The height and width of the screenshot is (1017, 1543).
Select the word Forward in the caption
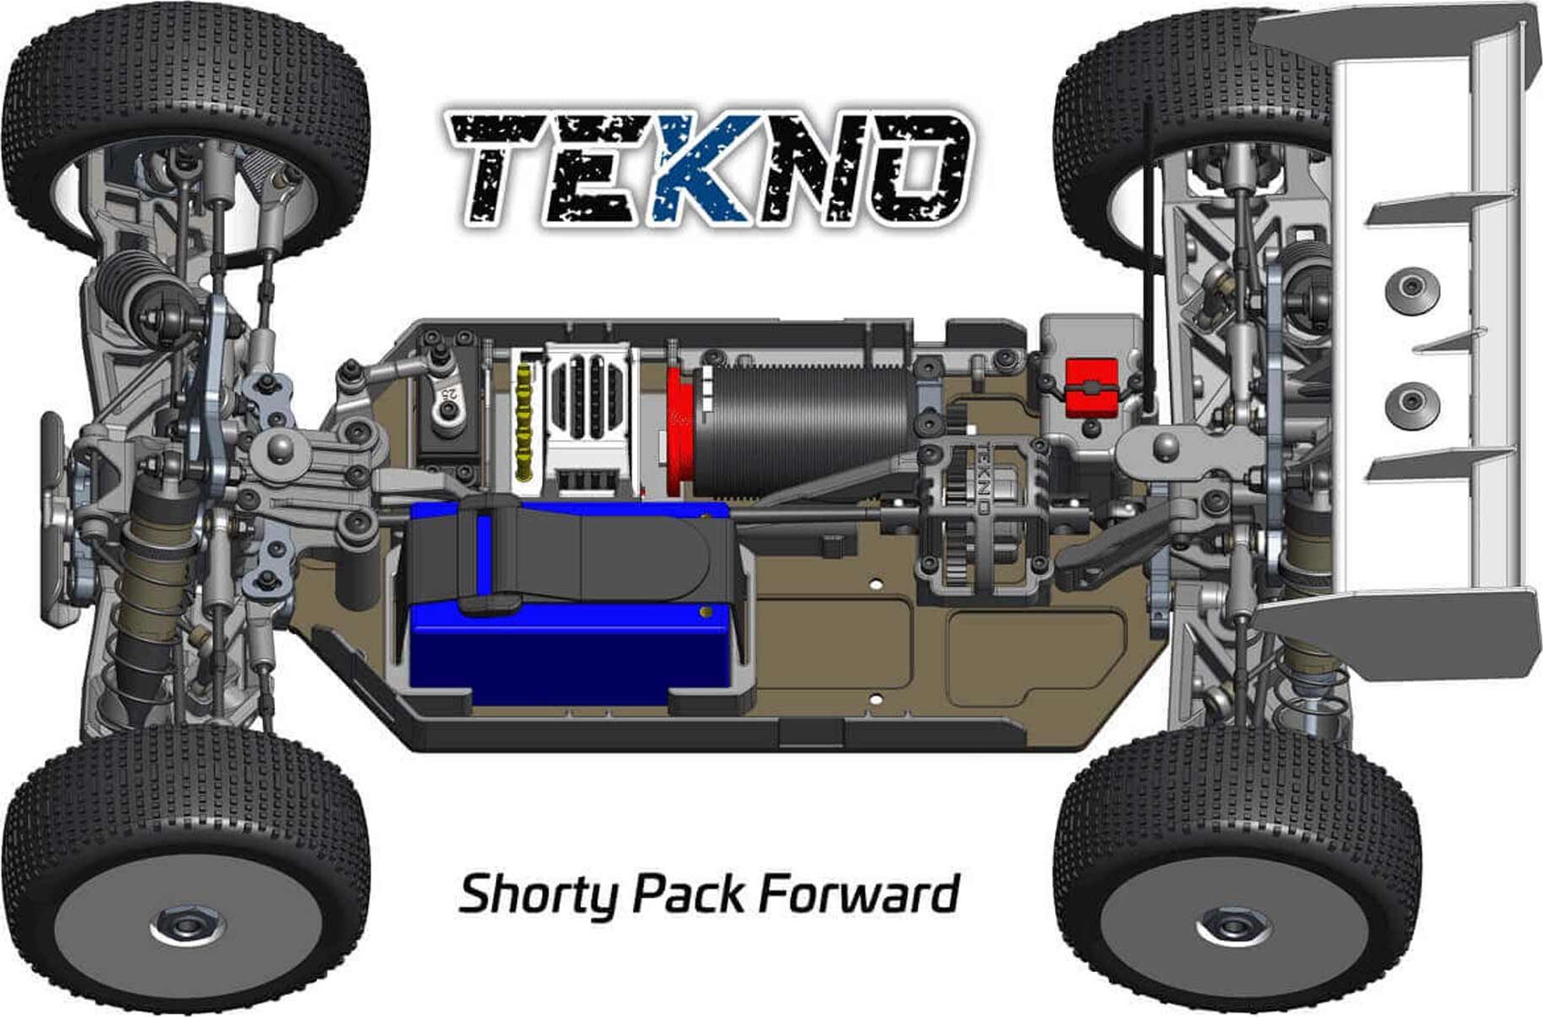(x=859, y=893)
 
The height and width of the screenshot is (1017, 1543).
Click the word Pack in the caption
(x=689, y=893)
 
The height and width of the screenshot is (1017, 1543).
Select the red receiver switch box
(x=1091, y=388)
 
